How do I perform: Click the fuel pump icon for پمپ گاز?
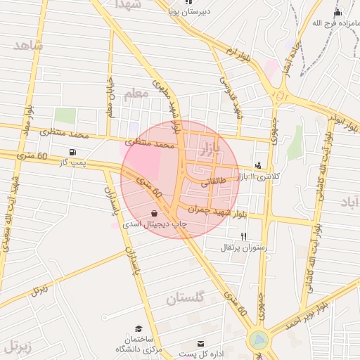pos(73,153)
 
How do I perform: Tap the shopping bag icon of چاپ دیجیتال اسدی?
pos(154,212)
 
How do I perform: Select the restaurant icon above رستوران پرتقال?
pos(243,236)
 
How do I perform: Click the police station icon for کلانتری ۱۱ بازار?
pos(258,166)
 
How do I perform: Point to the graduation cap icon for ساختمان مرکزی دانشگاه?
pos(139,328)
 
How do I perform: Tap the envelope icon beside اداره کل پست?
pos(201,343)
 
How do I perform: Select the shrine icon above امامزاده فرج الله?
pos(337,13)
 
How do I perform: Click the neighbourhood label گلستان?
pos(186,298)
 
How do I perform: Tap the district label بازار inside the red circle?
pos(210,148)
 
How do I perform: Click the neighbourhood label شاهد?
pos(29,46)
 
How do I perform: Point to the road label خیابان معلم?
pos(110,98)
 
